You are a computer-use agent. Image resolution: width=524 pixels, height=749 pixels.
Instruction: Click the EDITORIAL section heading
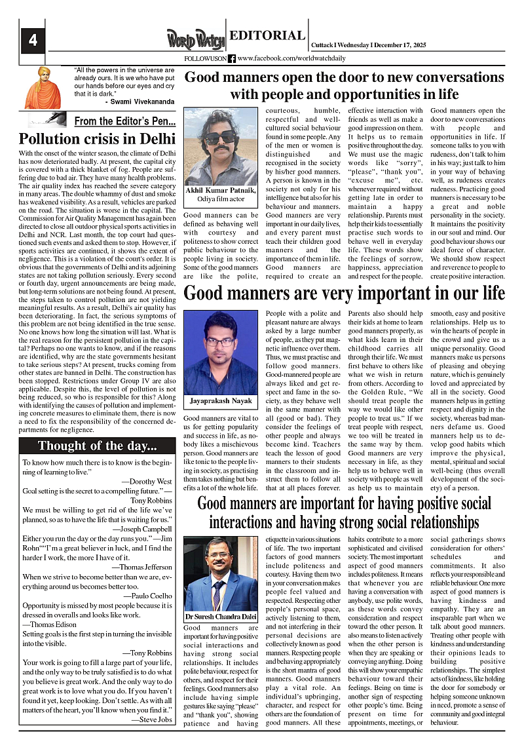coord(268,35)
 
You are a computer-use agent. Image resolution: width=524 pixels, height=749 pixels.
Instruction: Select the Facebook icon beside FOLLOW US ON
coord(232,58)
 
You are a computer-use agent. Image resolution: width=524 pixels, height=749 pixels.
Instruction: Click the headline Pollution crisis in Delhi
coord(97,139)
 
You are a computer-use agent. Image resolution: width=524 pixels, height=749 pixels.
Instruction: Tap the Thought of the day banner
coord(98,446)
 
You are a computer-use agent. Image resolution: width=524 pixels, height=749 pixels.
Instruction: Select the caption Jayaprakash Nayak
coord(221,399)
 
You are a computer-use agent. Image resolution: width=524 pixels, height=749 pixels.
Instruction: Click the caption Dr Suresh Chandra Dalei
coord(221,617)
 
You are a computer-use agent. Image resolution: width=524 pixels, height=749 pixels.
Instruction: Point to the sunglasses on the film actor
coord(220,137)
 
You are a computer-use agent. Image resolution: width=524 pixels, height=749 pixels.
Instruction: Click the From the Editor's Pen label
coord(124,121)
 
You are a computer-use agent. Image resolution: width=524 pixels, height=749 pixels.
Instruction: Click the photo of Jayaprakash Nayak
coord(221,353)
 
